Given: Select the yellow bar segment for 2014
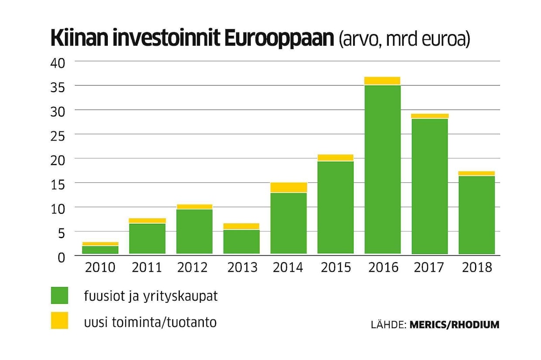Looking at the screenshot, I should (288, 187).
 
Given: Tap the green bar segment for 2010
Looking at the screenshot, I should (100, 250).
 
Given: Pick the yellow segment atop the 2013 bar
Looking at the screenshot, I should (241, 226).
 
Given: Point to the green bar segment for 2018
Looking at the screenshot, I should (476, 215).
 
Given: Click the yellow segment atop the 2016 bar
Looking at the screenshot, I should (382, 81).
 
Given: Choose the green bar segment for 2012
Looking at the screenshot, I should (194, 231).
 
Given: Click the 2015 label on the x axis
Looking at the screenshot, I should (336, 267).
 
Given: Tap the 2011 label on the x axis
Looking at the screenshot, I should (147, 267).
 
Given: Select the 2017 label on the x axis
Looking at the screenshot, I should (429, 267).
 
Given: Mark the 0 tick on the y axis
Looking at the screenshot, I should (61, 257).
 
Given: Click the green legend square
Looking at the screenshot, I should (59, 295).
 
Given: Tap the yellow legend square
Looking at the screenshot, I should (59, 320).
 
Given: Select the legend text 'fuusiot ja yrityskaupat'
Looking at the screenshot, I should (151, 296).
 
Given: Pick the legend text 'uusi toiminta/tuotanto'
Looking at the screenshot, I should (150, 323).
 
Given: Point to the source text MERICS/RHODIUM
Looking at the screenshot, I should (454, 325).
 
